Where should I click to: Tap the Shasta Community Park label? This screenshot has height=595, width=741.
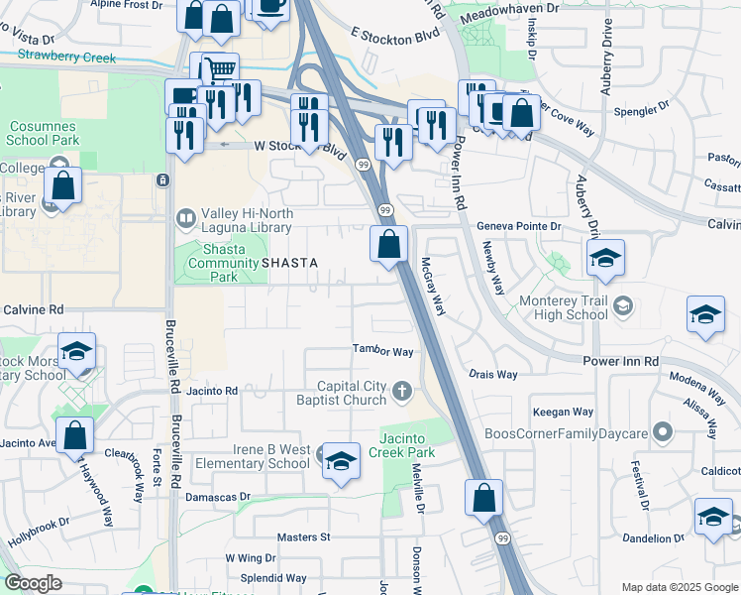213,262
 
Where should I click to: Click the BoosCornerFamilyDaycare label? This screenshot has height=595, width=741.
566,433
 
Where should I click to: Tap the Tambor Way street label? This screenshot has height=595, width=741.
383,351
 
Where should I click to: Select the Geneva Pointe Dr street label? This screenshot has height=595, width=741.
519,226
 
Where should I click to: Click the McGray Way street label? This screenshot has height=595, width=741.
433,288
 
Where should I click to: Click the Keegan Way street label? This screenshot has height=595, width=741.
564,412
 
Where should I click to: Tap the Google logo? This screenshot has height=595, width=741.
33,583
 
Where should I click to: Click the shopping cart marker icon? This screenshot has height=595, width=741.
220,68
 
